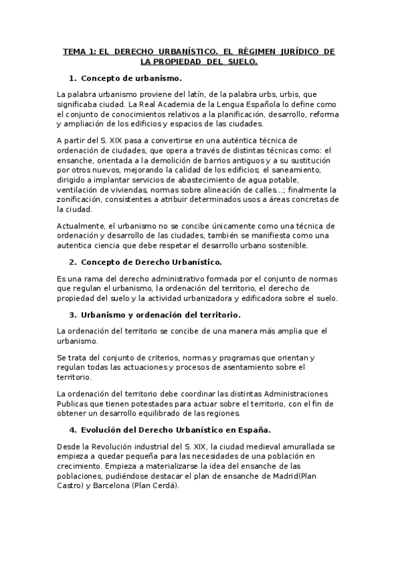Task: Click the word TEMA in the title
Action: point(74,51)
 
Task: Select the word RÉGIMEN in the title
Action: point(251,51)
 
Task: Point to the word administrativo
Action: point(172,280)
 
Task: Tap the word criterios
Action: point(161,357)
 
